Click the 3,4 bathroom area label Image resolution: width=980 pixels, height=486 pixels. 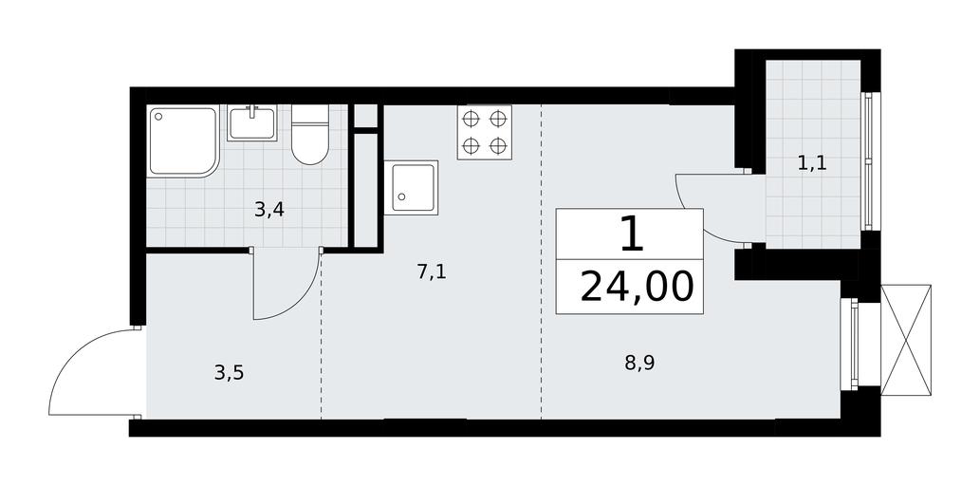pyautogui.click(x=270, y=210)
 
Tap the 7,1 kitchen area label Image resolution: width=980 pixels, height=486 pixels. pyautogui.click(x=432, y=272)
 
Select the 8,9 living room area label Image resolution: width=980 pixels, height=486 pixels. pyautogui.click(x=640, y=363)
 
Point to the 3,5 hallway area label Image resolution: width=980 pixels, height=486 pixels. pyautogui.click(x=229, y=373)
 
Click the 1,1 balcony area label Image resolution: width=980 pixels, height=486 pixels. pyautogui.click(x=812, y=164)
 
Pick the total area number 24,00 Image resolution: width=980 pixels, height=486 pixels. pyautogui.click(x=637, y=287)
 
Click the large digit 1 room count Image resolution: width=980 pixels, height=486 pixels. pyautogui.click(x=632, y=234)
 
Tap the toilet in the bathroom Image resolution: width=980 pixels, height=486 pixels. pyautogui.click(x=310, y=135)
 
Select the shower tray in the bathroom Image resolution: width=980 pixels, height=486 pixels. pyautogui.click(x=183, y=141)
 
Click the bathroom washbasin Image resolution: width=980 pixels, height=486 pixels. pyautogui.click(x=251, y=122)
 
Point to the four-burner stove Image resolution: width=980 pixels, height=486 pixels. pyautogui.click(x=485, y=132)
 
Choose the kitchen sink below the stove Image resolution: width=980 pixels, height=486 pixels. pyautogui.click(x=411, y=188)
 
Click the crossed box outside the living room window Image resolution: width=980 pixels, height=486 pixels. pyautogui.click(x=906, y=340)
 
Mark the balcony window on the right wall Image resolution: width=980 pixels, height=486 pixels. pyautogui.click(x=869, y=161)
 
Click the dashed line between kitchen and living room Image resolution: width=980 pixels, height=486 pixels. pyautogui.click(x=542, y=261)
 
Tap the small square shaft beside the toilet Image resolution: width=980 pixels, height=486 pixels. pyautogui.click(x=366, y=116)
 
